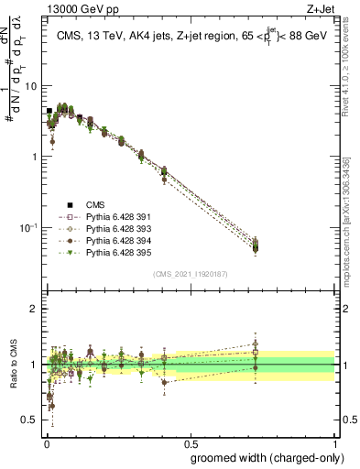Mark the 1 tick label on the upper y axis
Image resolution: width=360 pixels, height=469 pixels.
34,157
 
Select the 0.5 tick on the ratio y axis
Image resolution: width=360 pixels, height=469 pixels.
30,420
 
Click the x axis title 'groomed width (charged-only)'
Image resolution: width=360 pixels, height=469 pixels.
264,457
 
